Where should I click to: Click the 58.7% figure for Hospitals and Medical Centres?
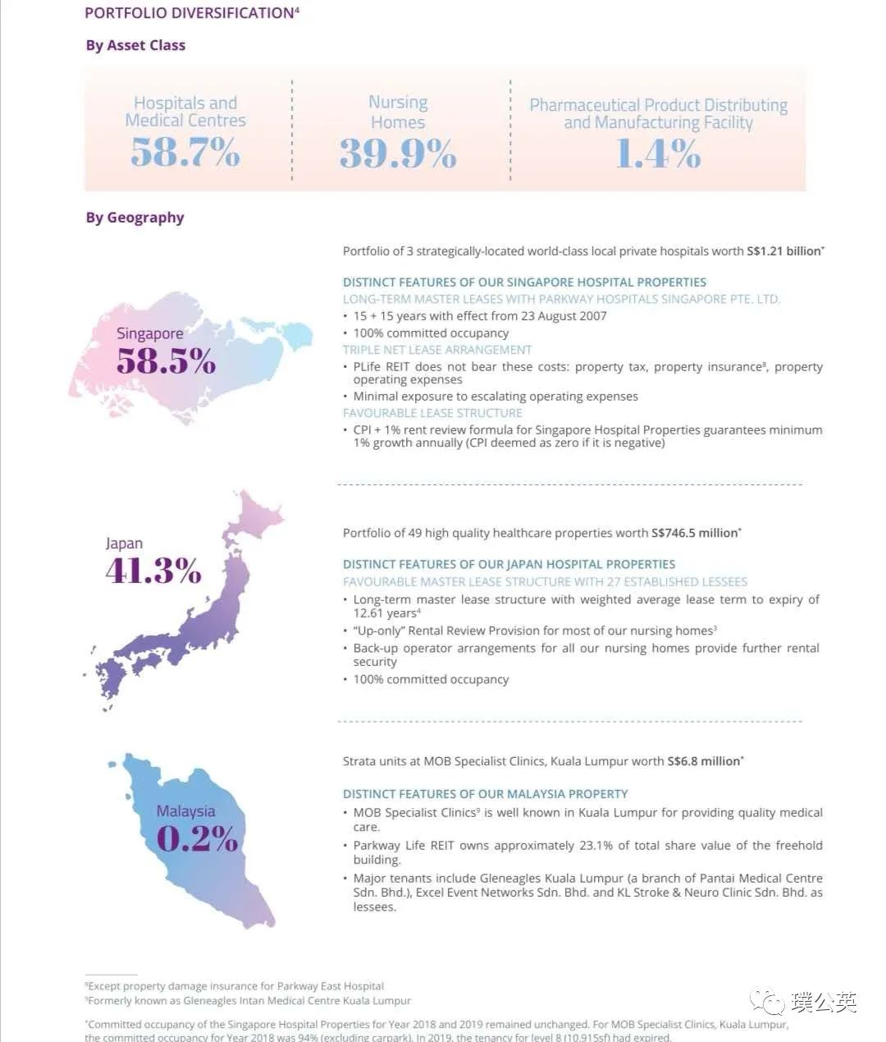(185, 153)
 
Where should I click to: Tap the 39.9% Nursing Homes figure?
(398, 154)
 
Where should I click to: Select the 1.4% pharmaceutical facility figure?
(658, 154)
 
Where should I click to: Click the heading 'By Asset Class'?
(135, 45)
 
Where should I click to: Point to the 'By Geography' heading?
(135, 218)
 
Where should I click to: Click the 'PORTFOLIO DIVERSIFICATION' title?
(190, 13)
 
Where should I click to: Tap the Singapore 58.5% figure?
(166, 361)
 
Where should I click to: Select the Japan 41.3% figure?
(153, 570)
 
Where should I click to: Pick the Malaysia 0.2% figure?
(197, 838)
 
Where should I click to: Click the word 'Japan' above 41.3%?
(124, 544)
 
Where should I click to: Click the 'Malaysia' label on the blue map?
(185, 811)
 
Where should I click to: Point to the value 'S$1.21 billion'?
(783, 251)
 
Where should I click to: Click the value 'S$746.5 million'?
(694, 533)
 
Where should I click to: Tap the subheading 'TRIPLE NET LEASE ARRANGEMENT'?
(437, 350)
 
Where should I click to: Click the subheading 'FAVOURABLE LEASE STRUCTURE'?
(432, 413)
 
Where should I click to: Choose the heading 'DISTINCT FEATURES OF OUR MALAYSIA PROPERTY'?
(485, 794)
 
